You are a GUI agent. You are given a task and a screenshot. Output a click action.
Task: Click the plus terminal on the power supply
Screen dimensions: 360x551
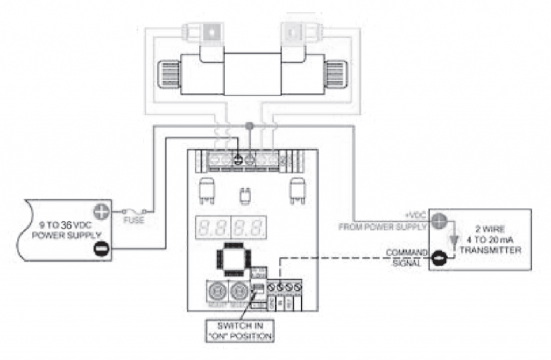tap(102, 211)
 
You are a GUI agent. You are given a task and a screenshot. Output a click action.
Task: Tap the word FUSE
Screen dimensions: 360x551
tap(134, 221)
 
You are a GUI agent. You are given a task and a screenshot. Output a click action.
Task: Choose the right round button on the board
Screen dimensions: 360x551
tap(238, 292)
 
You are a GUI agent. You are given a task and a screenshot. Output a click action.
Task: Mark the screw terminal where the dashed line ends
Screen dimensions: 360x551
tap(279, 287)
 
